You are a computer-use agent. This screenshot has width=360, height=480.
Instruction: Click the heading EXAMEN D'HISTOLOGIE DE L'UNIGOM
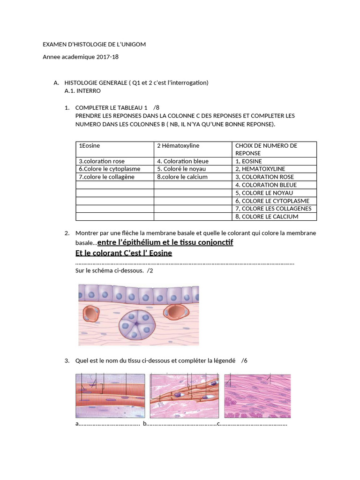click(x=94, y=45)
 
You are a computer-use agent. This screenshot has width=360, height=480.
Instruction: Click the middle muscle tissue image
click(x=184, y=396)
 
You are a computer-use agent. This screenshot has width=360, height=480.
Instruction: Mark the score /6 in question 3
click(x=244, y=360)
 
